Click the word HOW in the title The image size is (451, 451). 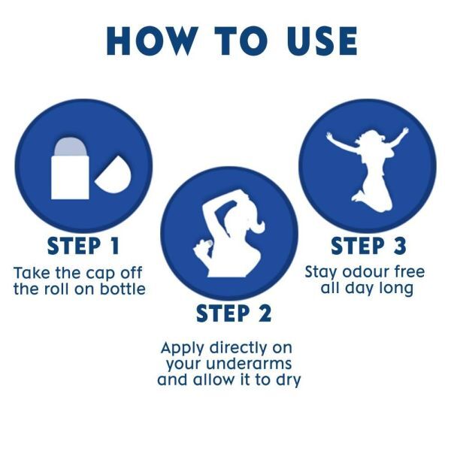point(152,41)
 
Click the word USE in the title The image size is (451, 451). point(322,41)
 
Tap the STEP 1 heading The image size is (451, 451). point(83,246)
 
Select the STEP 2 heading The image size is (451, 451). point(234,313)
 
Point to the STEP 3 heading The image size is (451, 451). point(368,246)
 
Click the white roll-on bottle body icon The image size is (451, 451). point(70,177)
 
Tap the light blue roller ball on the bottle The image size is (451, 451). point(70,147)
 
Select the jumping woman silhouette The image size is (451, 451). point(368,170)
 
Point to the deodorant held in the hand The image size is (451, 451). point(210,244)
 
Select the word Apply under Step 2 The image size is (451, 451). point(183,349)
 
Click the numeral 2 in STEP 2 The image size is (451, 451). point(265,313)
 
